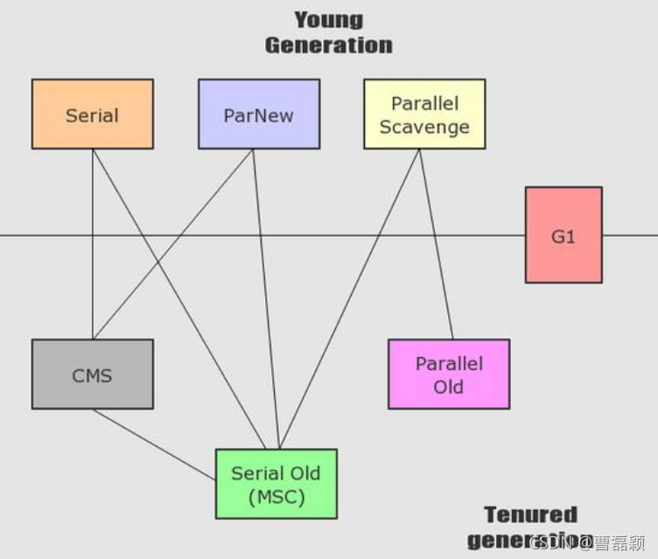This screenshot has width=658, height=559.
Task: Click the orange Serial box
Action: click(92, 115)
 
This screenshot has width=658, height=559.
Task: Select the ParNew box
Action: click(258, 115)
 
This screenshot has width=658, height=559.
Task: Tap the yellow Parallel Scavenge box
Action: click(424, 115)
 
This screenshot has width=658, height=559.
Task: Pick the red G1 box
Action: click(563, 235)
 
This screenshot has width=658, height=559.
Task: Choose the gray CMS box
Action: click(92, 375)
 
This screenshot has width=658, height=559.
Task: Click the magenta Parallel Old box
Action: click(449, 374)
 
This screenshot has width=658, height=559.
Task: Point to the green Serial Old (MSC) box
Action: click(276, 485)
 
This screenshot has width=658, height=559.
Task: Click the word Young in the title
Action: click(328, 19)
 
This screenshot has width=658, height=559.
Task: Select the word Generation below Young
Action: click(329, 45)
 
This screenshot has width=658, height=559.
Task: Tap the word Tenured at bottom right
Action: click(531, 514)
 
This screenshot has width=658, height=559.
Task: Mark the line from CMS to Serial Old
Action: click(153, 444)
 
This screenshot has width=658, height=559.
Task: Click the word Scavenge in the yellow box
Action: click(424, 127)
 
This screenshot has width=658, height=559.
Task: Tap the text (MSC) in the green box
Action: click(276, 498)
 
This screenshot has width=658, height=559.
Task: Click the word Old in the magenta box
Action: click(449, 386)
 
